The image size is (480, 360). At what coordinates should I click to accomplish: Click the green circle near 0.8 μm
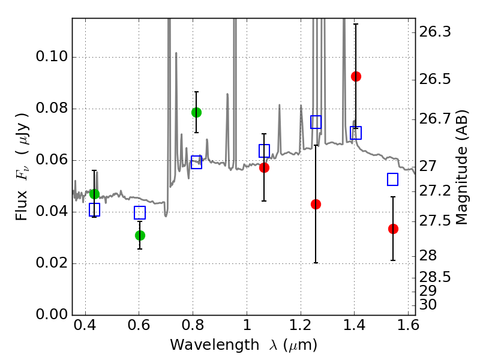click(x=197, y=113)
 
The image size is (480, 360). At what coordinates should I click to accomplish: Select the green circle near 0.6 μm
click(x=140, y=235)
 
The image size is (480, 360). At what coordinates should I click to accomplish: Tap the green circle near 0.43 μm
click(x=95, y=194)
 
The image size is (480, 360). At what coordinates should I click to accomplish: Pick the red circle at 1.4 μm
click(x=356, y=77)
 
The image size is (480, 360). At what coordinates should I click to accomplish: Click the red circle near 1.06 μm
click(x=264, y=168)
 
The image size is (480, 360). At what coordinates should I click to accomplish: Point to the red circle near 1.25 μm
click(x=316, y=204)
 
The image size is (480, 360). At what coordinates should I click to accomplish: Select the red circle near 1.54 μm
click(x=393, y=229)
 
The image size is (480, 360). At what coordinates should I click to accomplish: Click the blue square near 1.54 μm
click(x=393, y=179)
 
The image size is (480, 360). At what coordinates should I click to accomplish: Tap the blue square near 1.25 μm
click(x=316, y=122)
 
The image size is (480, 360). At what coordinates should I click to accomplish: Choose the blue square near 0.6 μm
click(x=140, y=212)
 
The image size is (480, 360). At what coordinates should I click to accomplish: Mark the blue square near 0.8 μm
click(x=197, y=162)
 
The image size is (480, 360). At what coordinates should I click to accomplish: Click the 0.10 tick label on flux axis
click(x=52, y=56)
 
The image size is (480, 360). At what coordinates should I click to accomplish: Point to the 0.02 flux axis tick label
click(x=52, y=263)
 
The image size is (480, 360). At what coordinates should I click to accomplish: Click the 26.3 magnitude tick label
click(x=435, y=32)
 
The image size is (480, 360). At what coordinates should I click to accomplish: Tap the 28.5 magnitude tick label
click(x=435, y=277)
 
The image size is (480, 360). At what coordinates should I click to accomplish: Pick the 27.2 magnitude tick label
click(x=435, y=191)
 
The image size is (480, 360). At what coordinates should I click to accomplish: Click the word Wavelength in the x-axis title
click(x=215, y=345)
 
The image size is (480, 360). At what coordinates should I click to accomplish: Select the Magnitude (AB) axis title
click(x=462, y=167)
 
